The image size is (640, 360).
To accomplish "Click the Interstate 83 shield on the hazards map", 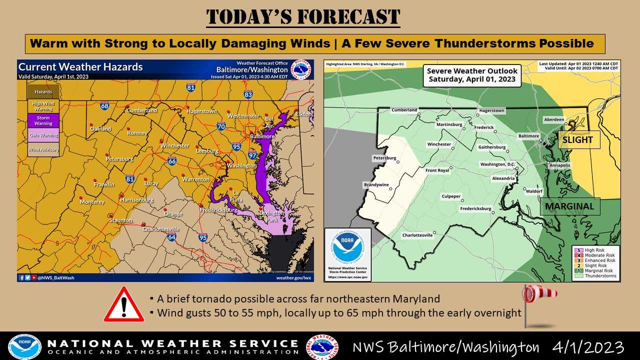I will click(x=248, y=94).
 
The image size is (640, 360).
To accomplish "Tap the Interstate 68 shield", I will click(x=104, y=105).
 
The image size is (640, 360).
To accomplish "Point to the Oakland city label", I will click(x=100, y=129).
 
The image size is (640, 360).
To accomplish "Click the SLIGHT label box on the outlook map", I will click(x=577, y=140).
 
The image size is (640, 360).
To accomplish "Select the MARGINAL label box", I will click(x=569, y=206).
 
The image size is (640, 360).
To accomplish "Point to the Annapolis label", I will click(x=559, y=165).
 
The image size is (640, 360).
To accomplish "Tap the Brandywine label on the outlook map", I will click(x=376, y=185).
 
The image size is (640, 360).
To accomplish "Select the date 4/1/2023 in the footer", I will click(x=588, y=347).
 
